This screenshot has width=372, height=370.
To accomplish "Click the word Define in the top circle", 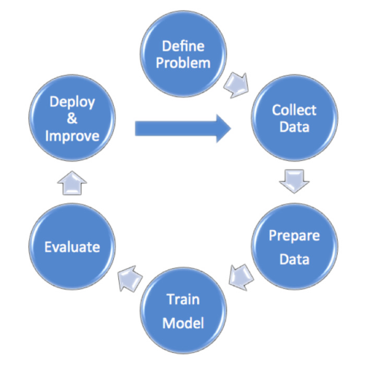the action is [x=183, y=46].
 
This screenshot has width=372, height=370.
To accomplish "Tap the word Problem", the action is [x=183, y=63].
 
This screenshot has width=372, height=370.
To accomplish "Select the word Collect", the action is [x=294, y=110].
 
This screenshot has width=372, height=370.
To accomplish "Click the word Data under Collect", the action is [x=295, y=127].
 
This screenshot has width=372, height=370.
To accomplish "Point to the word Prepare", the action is [x=295, y=236].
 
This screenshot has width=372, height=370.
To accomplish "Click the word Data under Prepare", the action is [x=295, y=259].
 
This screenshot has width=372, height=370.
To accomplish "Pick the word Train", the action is [x=183, y=299].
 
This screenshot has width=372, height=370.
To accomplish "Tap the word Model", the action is [x=183, y=323].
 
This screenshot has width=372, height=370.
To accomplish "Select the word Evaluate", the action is [x=72, y=247].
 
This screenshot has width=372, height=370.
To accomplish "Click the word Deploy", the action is [x=72, y=102].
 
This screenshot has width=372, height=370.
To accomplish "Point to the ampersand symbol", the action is [x=72, y=118].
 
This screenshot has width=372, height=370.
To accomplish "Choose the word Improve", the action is [x=72, y=136].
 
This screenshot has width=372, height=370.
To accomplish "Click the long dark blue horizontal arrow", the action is [x=183, y=129].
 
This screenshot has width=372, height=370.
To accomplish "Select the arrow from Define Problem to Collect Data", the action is [x=237, y=86].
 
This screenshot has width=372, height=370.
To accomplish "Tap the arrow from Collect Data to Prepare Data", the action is [x=295, y=181].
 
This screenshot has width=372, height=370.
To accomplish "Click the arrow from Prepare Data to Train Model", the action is [x=240, y=277].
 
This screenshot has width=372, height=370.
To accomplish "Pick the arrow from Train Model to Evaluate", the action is [x=129, y=278].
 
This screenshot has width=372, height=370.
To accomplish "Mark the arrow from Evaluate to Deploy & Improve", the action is [x=72, y=182].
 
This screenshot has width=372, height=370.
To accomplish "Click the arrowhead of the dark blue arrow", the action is [x=231, y=129].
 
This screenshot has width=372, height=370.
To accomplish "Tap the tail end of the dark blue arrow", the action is [x=135, y=129].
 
